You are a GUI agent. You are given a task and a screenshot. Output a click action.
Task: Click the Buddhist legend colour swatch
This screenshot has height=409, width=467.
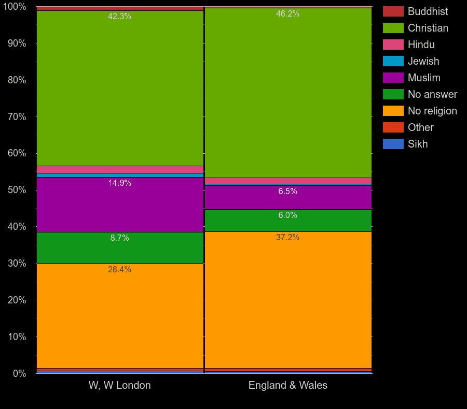tap(393, 11)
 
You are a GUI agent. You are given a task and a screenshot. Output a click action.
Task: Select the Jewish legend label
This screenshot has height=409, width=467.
tap(423, 61)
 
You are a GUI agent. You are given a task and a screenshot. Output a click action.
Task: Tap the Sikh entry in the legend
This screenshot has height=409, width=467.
tap(418, 144)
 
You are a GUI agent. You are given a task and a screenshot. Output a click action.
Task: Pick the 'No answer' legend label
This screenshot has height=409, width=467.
tap(432, 94)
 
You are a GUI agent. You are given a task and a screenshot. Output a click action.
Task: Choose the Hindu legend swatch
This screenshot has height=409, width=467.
tap(393, 45)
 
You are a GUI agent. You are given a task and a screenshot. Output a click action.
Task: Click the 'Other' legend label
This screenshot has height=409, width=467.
tap(420, 127)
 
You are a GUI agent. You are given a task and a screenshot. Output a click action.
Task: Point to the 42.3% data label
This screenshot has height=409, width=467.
tap(119, 17)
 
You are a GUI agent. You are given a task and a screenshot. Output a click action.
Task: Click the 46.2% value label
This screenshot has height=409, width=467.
tap(287, 14)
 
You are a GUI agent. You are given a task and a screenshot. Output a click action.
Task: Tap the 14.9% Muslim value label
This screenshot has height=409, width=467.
tap(119, 183)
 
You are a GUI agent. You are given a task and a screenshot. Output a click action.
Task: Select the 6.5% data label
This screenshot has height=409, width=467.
tap(287, 192)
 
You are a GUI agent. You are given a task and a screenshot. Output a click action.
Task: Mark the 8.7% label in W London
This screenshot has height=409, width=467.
tap(119, 238)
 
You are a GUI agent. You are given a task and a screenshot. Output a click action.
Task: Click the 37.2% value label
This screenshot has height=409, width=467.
tap(287, 238)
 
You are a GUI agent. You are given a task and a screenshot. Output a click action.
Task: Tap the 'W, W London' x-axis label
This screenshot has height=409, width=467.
tap(119, 385)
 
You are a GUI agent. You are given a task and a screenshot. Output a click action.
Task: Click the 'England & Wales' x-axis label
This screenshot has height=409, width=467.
tap(287, 385)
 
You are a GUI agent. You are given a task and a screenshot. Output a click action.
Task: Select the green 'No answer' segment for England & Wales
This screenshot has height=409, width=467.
tap(288, 221)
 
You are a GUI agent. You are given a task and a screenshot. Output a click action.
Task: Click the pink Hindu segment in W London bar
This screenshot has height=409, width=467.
tap(120, 169)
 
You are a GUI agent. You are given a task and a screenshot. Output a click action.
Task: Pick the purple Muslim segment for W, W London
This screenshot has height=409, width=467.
tap(120, 204)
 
